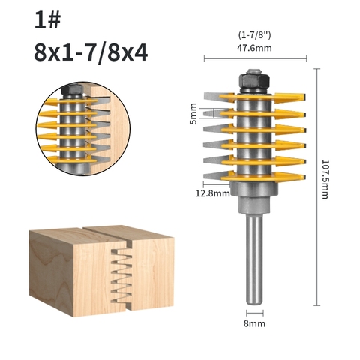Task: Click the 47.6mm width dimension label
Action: coord(254,48)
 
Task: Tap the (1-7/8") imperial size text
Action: coord(254,35)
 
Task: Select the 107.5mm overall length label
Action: coord(325,179)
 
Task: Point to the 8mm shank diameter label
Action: coord(254,323)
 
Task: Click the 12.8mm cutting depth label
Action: coord(212,193)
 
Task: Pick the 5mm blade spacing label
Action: coord(193,113)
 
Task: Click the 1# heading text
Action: coord(47,19)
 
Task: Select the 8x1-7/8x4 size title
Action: coord(91,52)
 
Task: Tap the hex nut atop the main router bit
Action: coord(254,81)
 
